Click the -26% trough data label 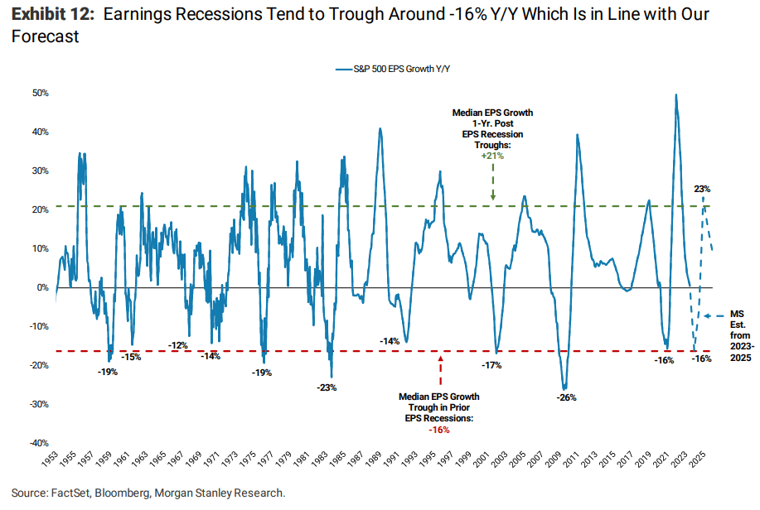click(x=566, y=397)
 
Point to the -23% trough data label click(x=327, y=387)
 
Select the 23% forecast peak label click(x=702, y=190)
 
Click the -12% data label click(x=178, y=344)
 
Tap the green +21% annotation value click(x=492, y=155)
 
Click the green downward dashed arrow click(x=492, y=180)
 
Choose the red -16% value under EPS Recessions click(x=439, y=429)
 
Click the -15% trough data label click(x=131, y=357)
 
